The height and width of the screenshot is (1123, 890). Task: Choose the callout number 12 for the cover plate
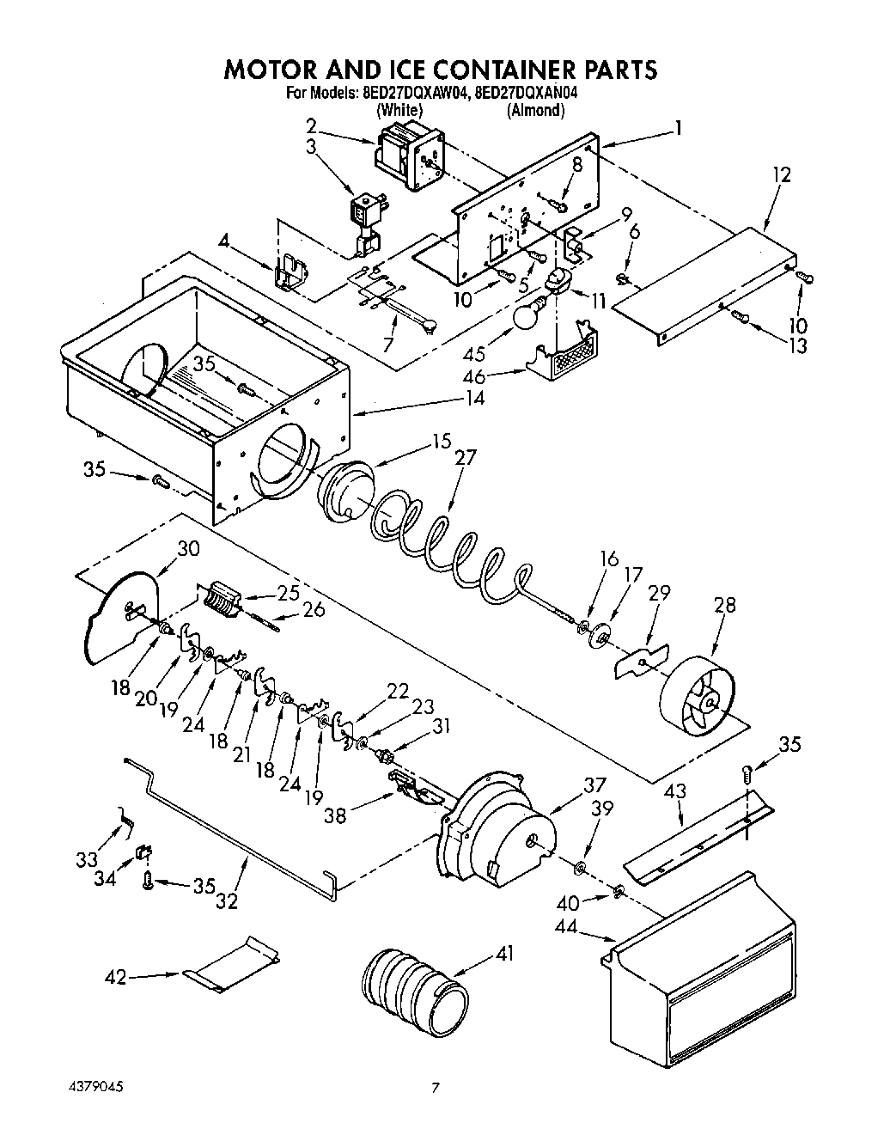(x=781, y=174)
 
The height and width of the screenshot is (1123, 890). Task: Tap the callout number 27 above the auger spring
(x=464, y=457)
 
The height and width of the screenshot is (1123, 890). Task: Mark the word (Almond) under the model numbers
(x=535, y=110)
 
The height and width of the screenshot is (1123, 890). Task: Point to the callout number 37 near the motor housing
(x=594, y=784)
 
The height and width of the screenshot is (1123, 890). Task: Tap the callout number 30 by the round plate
(x=187, y=548)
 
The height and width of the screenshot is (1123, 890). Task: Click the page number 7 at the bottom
(x=436, y=1088)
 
